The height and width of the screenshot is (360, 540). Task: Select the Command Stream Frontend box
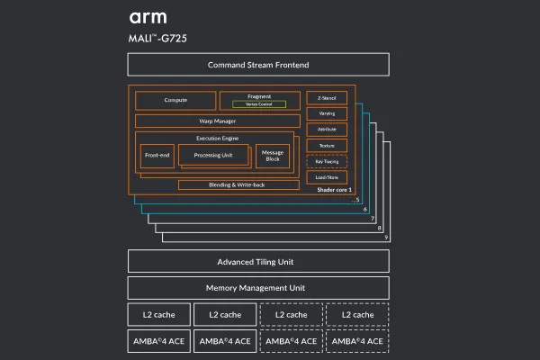[258, 65]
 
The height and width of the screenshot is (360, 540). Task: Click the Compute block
[175, 100]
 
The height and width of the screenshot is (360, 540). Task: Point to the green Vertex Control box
[259, 104]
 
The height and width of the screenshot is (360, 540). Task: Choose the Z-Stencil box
[327, 97]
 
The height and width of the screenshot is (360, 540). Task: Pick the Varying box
[327, 113]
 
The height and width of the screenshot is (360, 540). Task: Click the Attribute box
[327, 130]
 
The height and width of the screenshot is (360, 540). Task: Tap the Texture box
[327, 146]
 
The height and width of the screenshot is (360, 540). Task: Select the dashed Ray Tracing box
[327, 161]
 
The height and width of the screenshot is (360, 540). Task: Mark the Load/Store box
[327, 177]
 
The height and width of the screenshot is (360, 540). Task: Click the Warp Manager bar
[218, 121]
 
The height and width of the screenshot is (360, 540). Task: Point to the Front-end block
[157, 156]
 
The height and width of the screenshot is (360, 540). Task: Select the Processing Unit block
[212, 156]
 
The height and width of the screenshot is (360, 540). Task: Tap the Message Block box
[272, 156]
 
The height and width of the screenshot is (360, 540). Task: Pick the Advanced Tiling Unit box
[258, 262]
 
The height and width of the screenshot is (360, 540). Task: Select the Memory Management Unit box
[258, 288]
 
